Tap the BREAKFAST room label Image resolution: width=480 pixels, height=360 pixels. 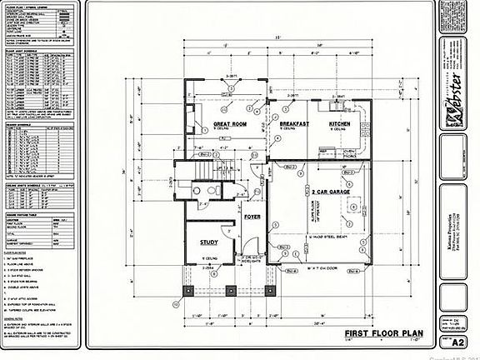[289, 123]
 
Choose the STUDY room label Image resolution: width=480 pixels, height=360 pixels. [209, 242]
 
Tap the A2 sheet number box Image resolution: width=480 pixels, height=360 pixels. [457, 342]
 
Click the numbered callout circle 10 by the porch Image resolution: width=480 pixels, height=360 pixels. [177, 304]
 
